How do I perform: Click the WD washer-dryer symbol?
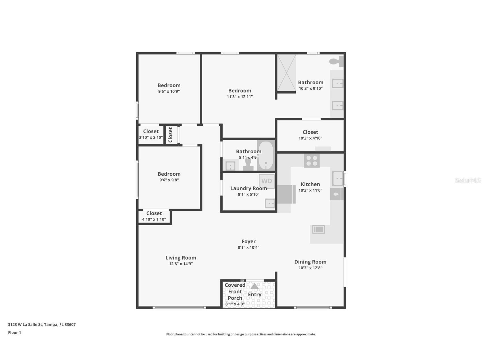267,181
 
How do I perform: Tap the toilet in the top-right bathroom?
336,61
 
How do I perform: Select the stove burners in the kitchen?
312,161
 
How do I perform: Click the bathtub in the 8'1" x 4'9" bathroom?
266,156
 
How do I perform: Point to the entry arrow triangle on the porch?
254,286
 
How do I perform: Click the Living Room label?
181,258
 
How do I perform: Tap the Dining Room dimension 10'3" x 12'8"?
310,268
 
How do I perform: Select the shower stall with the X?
286,73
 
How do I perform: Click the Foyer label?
249,242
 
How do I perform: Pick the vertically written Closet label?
170,135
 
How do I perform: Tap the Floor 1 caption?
14,333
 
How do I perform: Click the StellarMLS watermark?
468,180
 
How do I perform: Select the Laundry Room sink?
270,203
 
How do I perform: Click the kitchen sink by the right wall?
337,179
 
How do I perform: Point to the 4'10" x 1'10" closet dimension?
154,219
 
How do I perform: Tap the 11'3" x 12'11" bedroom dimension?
239,97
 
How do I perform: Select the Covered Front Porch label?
235,291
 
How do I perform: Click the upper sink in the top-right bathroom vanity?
337,83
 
